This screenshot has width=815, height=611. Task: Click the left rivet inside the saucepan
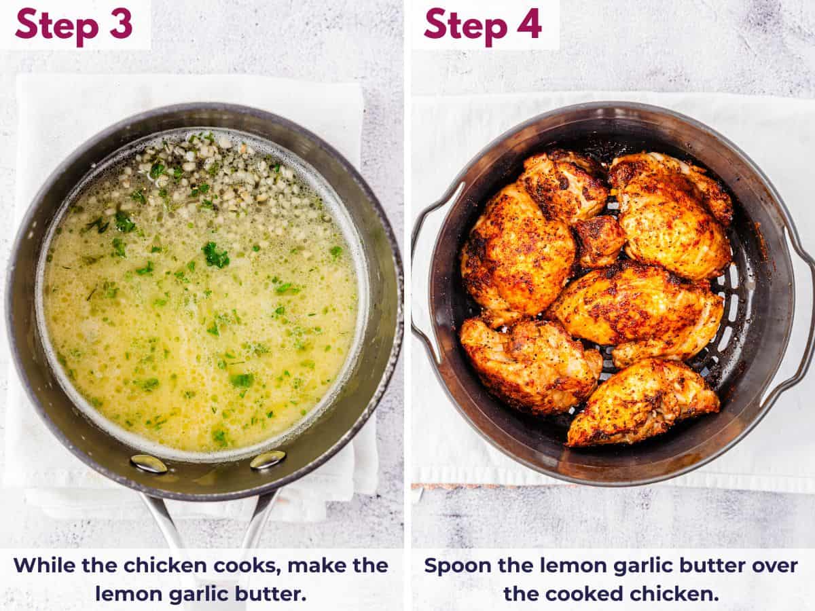pos(149,464)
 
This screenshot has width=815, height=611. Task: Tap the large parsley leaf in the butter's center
pos(215,255)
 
